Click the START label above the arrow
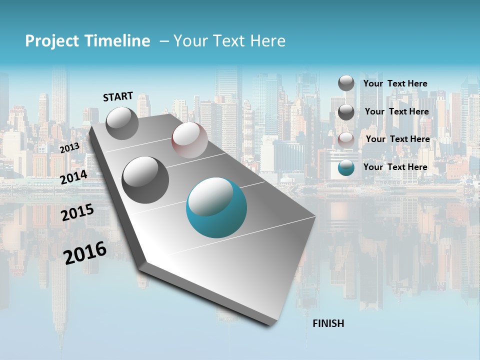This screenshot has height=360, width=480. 118,96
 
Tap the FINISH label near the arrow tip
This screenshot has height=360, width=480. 328,323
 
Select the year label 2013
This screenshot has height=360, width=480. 69,148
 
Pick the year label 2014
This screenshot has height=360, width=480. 74,177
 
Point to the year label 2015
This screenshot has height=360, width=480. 77,212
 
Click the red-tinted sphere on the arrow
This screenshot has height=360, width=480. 189,140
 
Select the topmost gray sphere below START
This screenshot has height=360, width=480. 122,123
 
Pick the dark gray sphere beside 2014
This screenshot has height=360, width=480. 145,179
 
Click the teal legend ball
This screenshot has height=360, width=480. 346,167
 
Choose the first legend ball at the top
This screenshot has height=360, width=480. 346,83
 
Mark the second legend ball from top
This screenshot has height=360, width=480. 346,112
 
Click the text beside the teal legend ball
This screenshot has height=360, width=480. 395,167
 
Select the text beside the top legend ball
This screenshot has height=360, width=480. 395,83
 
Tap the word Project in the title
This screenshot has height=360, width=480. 52,41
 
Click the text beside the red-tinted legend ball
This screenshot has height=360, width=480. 397,139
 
